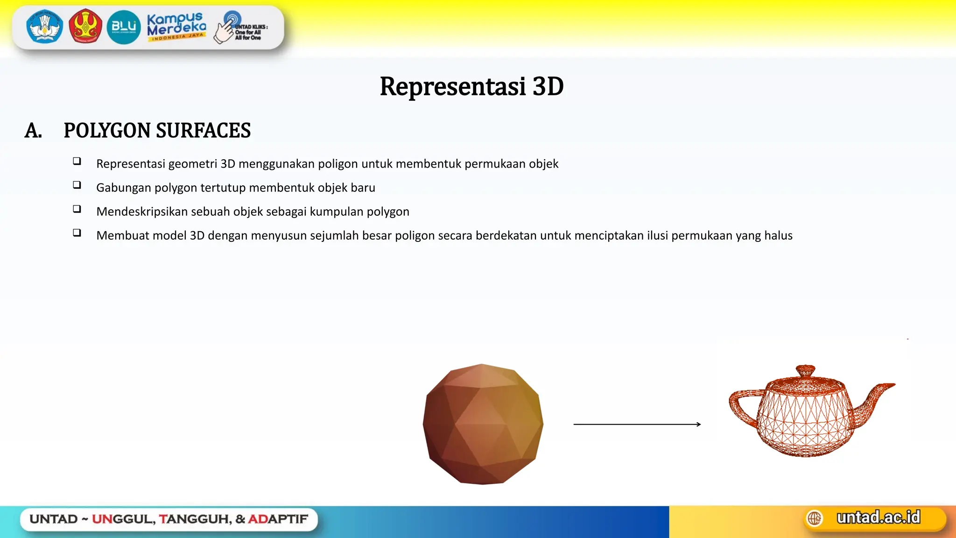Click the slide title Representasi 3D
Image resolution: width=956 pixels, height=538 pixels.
click(x=471, y=87)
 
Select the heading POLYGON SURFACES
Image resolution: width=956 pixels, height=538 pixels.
click(x=157, y=131)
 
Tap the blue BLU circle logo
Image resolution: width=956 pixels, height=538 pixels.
click(x=124, y=27)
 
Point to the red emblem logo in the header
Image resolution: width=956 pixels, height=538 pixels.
click(x=85, y=26)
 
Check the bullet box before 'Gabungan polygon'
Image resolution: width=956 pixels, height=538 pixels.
click(x=77, y=185)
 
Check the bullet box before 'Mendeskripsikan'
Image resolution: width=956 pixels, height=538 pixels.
click(x=77, y=209)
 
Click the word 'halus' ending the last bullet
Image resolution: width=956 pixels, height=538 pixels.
click(x=778, y=235)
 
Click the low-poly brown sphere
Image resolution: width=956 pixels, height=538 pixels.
click(x=483, y=424)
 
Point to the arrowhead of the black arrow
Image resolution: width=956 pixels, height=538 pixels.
click(x=698, y=424)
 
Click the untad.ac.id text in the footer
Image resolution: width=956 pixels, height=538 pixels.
click(x=878, y=517)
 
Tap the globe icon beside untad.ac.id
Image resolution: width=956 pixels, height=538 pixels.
click(x=815, y=518)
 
